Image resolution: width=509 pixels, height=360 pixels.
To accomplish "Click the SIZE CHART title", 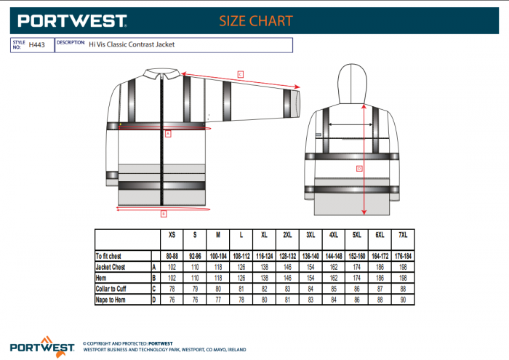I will point(256,21).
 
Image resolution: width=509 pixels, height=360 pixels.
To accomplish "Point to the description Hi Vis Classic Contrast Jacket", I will point(131,45).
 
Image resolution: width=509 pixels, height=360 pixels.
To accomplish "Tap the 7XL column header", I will point(402,236).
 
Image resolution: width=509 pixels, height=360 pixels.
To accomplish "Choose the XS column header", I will point(172,236).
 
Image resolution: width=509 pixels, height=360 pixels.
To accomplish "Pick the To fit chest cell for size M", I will point(217,257).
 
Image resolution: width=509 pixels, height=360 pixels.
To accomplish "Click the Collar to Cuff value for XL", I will point(264,289).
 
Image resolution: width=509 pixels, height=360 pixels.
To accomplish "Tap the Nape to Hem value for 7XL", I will point(402,300).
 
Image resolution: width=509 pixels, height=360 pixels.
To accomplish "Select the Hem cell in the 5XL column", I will point(356,279).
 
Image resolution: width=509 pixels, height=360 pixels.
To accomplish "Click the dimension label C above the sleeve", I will point(239,73).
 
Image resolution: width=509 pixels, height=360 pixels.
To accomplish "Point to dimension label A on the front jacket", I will point(167,134).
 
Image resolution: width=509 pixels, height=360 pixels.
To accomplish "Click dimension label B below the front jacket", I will point(164,213).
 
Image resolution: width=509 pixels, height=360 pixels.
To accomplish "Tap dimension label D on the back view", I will point(358,169).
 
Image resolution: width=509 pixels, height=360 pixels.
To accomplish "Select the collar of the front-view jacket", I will point(164,73).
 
